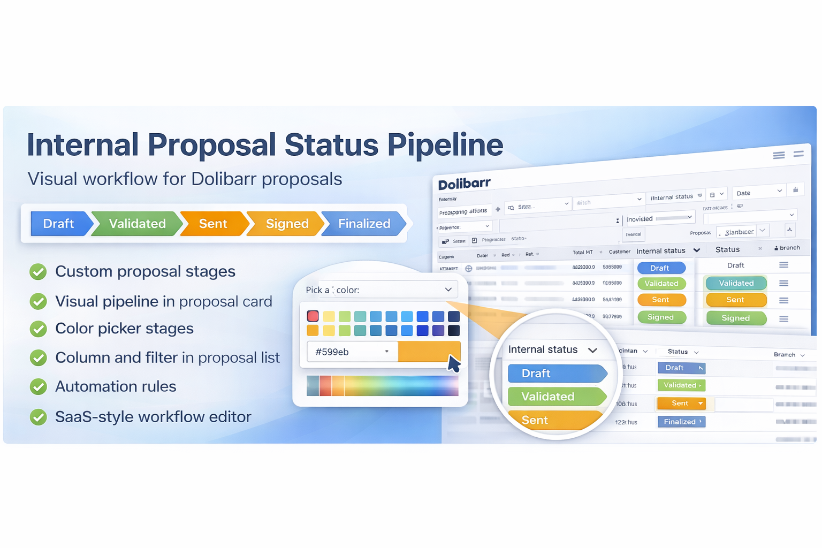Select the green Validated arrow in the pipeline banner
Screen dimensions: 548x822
tap(137, 224)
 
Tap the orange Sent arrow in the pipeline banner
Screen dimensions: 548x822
tap(213, 224)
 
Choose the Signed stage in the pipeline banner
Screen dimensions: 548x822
tap(287, 224)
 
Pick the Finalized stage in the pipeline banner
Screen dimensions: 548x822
tap(364, 224)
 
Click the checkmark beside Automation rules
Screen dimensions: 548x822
tap(38, 386)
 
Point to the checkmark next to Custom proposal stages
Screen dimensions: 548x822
tap(38, 272)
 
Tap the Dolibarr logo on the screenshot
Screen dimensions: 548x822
tap(464, 184)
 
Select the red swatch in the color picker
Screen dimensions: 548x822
tap(313, 316)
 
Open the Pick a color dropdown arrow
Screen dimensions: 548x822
tap(448, 290)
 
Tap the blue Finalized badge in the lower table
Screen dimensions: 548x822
tap(681, 422)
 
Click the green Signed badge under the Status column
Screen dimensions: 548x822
tap(736, 318)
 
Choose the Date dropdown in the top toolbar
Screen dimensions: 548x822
tap(759, 192)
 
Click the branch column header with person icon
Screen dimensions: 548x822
tap(787, 248)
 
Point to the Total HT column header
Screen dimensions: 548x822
tap(582, 252)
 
